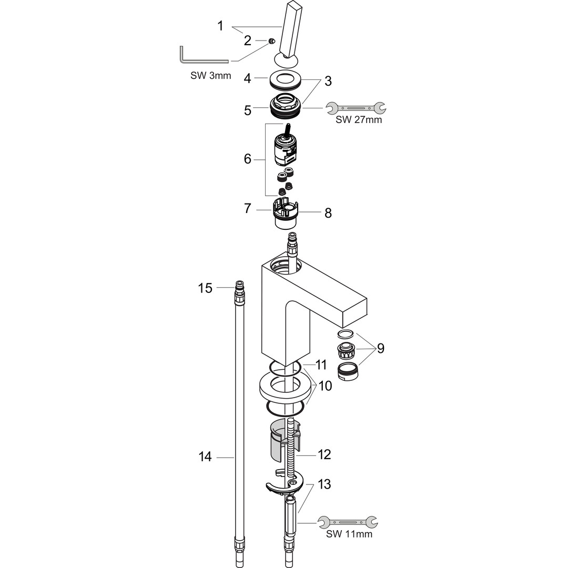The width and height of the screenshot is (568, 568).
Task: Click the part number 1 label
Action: pos(220,26)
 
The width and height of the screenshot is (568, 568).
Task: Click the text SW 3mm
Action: pos(210,76)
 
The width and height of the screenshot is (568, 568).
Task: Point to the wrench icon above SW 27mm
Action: pos(356,108)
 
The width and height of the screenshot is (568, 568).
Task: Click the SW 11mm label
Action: pos(349,534)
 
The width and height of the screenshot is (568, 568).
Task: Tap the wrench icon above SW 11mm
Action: pos(348,522)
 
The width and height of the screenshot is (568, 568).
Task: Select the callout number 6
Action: pos(247,159)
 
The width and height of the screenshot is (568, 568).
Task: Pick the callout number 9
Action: pos(380,349)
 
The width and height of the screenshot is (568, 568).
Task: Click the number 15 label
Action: pos(205,288)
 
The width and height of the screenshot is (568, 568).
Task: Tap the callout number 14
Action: pos(205,457)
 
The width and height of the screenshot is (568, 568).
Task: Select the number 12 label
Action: pos(324,454)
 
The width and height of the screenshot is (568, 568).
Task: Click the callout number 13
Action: pos(324,484)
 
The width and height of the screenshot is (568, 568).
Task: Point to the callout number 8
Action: pos(328,213)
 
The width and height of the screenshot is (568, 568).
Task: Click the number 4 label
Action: pos(247,78)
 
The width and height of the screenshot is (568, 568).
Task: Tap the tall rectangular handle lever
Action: pos(290,31)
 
